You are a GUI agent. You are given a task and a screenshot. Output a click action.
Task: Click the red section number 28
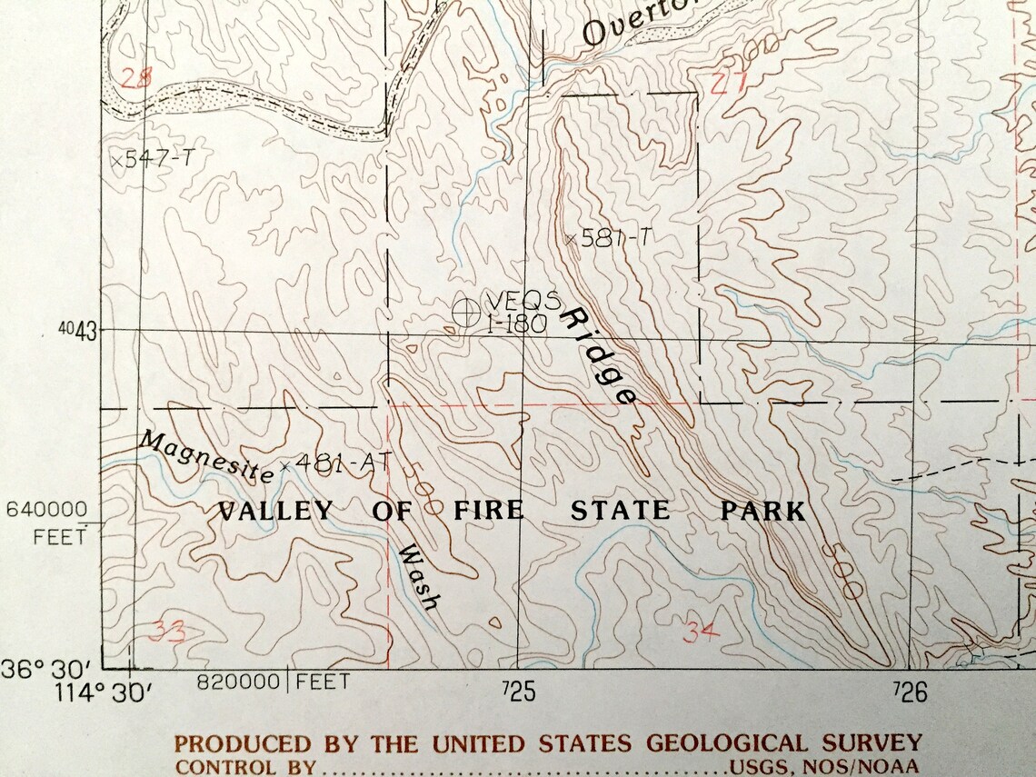[x=136, y=78]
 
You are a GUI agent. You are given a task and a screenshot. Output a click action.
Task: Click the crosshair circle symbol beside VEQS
[x=465, y=312]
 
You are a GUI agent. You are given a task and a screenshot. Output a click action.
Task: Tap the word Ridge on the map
[x=599, y=355]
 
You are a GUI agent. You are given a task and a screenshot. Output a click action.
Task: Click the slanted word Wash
[x=420, y=578]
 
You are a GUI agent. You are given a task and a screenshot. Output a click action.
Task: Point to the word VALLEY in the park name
[x=275, y=511]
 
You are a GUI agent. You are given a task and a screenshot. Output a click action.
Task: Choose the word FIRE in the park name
[x=488, y=511]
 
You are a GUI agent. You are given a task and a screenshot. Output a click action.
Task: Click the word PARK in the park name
[x=762, y=511]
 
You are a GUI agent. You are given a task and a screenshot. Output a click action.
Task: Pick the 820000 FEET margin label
[x=273, y=682]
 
